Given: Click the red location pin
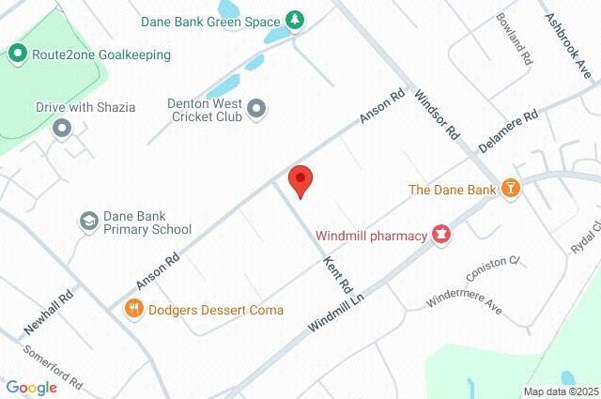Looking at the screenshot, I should (x=300, y=178).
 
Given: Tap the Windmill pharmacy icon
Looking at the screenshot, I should (x=439, y=235).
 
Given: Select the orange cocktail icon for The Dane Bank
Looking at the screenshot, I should (x=511, y=189).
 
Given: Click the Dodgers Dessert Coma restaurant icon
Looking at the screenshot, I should (x=134, y=309).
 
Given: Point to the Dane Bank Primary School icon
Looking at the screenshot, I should (x=88, y=221).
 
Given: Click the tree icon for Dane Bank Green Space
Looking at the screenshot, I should (x=297, y=20).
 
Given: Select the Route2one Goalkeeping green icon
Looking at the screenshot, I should (x=17, y=54).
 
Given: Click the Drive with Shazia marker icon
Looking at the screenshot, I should (x=62, y=127).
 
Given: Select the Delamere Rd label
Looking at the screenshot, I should (x=507, y=130).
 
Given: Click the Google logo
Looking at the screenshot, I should (x=31, y=388).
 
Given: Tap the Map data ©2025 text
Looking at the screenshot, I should (x=560, y=391).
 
